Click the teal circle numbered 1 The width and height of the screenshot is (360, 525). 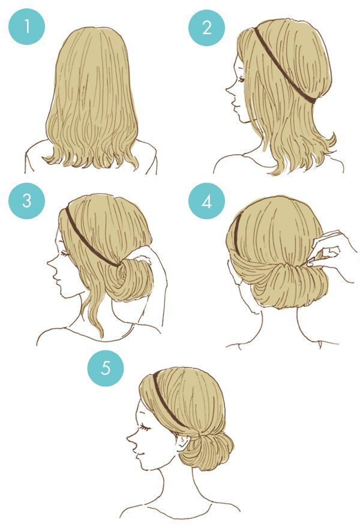click(26, 28)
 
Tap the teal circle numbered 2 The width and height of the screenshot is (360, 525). click(206, 28)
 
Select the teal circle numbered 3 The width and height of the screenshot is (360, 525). click(26, 200)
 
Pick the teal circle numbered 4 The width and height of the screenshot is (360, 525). click(206, 202)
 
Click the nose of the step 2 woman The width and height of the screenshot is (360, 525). click(228, 92)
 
